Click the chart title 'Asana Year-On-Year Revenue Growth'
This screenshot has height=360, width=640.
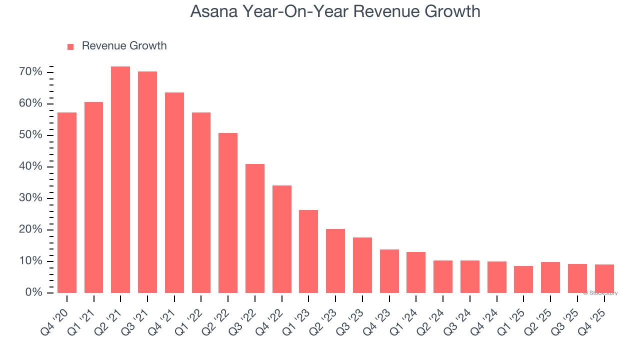(335, 11)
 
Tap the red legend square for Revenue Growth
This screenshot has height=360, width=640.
(70, 46)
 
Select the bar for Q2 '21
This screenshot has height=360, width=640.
(120, 179)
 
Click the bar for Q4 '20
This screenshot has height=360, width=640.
(67, 202)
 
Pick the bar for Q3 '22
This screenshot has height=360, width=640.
(255, 228)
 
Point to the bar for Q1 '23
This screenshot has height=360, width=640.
(308, 251)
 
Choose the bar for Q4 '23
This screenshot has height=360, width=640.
(389, 271)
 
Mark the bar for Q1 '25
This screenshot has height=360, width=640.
(523, 279)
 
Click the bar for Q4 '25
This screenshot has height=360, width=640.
(604, 278)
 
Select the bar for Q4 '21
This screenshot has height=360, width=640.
(174, 192)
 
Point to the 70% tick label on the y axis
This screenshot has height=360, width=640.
(30, 72)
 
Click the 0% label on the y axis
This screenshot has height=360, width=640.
(33, 292)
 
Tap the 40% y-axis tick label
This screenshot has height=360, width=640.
(30, 166)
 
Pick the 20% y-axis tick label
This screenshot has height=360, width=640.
(30, 229)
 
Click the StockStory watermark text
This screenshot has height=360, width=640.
(600, 293)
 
